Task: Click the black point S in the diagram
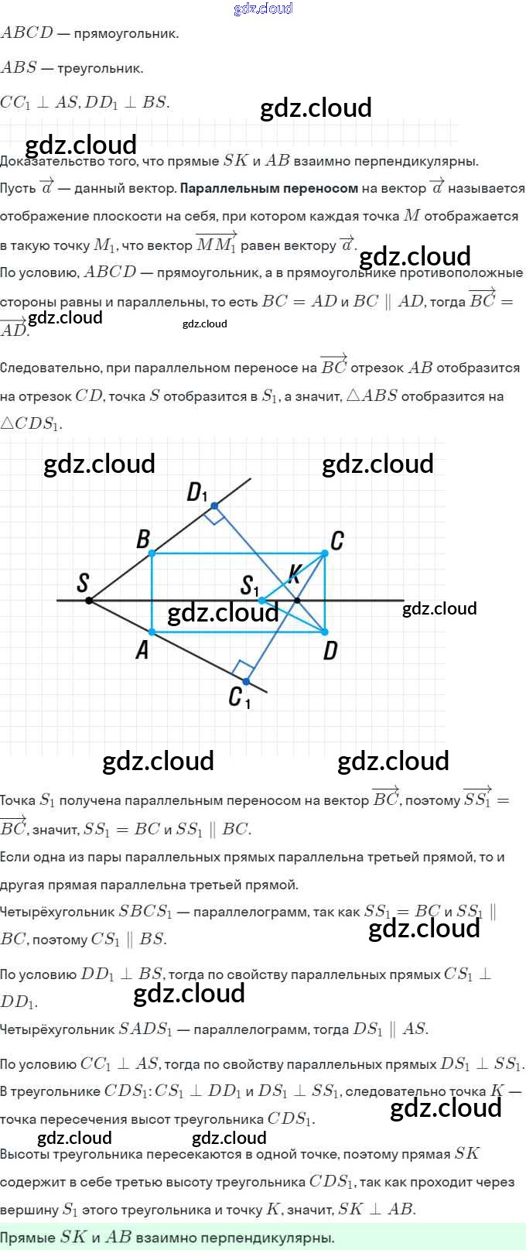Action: pyautogui.click(x=89, y=600)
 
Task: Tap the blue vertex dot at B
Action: pyautogui.click(x=152, y=553)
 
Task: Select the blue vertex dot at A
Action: pyautogui.click(x=152, y=632)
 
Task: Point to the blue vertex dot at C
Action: pyautogui.click(x=325, y=553)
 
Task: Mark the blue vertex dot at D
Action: pyautogui.click(x=325, y=632)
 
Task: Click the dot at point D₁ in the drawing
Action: pyautogui.click(x=214, y=506)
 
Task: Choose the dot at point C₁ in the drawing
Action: pyautogui.click(x=246, y=682)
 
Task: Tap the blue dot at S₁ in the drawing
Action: pyautogui.click(x=262, y=600)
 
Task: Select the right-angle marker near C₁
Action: pyautogui.click(x=243, y=668)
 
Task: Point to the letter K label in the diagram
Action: pyautogui.click(x=294, y=574)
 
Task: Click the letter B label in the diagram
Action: pyautogui.click(x=143, y=539)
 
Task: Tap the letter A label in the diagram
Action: pyautogui.click(x=142, y=650)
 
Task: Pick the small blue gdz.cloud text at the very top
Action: pyautogui.click(x=263, y=9)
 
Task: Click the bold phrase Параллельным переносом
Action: pyautogui.click(x=268, y=188)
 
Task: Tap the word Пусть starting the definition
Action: pyautogui.click(x=18, y=188)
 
